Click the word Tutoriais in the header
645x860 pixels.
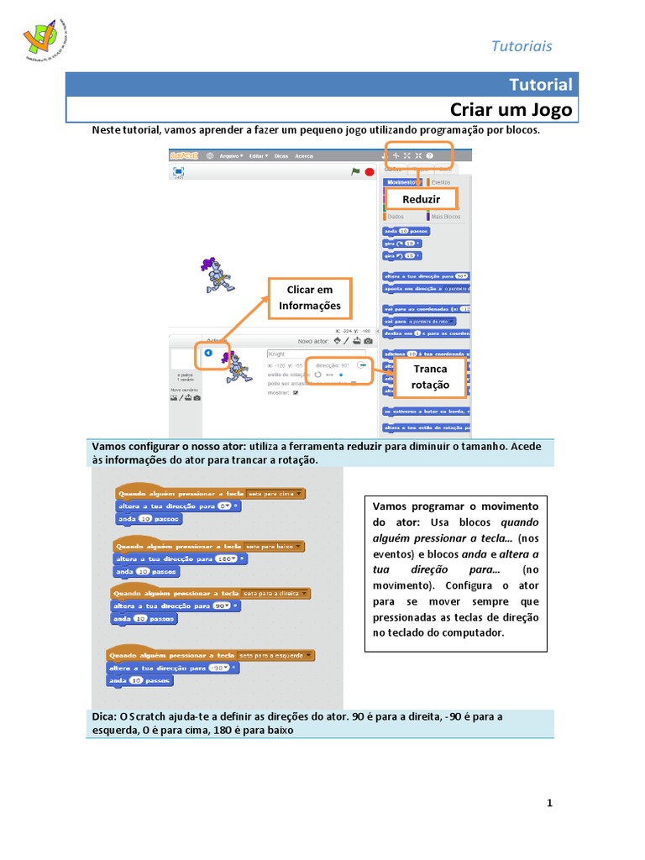point(522,46)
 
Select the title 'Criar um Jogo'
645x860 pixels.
point(511,110)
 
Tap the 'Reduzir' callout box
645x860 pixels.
point(422,199)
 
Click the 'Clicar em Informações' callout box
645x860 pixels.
point(310,298)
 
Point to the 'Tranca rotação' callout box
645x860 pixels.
point(430,377)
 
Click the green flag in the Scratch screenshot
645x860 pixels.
point(356,171)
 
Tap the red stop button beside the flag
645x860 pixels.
point(370,171)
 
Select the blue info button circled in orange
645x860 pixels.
point(208,354)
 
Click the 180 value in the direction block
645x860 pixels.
point(226,558)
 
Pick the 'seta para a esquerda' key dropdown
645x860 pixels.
point(276,655)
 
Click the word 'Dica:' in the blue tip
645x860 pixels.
point(104,716)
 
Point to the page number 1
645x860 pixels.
point(550,804)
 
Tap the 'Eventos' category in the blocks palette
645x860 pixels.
point(440,181)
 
